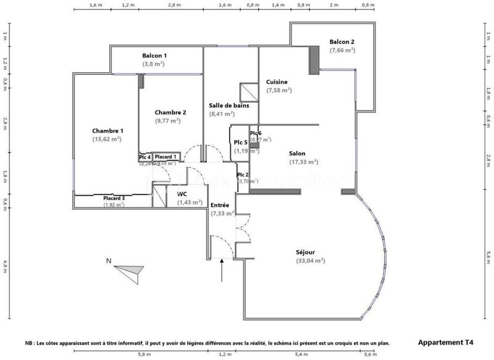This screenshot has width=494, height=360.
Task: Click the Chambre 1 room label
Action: point(108,131)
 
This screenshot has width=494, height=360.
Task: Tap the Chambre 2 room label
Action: point(170,112)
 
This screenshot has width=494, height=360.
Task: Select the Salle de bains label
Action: point(229,106)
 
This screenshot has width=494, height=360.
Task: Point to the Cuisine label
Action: point(277,82)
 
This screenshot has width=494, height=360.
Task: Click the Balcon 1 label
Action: point(154,56)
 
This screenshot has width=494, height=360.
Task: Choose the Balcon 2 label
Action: point(341,42)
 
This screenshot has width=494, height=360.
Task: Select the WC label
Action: point(182,195)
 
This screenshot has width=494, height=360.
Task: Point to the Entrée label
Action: point(220,205)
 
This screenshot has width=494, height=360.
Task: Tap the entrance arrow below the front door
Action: point(222,272)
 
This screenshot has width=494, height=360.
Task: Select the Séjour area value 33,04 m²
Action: point(311,261)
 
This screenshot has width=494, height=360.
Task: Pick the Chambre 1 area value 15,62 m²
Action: point(107,140)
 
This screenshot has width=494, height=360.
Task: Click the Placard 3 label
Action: point(114,198)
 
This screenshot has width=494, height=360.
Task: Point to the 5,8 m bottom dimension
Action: point(144,354)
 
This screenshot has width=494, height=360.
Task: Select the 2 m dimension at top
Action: point(335,4)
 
